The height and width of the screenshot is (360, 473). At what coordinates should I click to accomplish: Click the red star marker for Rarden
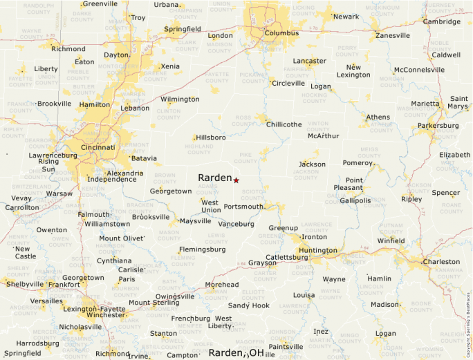point(236,180)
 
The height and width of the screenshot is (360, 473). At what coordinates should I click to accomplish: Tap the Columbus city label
point(281,33)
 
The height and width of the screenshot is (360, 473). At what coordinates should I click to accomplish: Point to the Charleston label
point(441,262)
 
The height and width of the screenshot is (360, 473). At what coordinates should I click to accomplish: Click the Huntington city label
point(318,250)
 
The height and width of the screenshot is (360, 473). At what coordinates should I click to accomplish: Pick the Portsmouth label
point(243,207)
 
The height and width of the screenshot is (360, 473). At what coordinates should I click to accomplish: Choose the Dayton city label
point(116,55)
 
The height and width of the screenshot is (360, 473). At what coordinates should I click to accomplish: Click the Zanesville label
point(393,35)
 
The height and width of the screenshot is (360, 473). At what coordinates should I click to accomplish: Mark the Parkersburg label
point(438,126)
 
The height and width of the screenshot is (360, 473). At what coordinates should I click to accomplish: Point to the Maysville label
point(195,221)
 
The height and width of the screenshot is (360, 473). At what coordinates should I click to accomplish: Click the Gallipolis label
point(355,201)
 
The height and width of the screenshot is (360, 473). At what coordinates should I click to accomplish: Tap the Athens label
point(378,117)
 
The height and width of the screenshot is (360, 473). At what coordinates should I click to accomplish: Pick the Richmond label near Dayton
point(68,49)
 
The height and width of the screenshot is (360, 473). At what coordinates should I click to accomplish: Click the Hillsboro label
point(211,138)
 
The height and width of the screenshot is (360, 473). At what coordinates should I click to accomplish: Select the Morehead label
point(222,285)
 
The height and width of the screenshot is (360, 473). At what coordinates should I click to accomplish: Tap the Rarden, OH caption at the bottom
point(236,353)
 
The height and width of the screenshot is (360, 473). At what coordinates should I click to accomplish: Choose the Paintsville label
point(286,346)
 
